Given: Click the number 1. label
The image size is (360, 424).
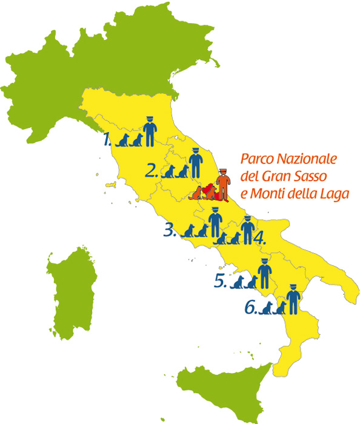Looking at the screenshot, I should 107,141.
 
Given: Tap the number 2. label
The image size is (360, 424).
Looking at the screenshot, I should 152,170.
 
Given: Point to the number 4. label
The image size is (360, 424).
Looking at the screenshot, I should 260,237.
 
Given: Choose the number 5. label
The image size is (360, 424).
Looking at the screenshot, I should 221,281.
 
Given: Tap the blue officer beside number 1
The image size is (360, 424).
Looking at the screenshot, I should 150,131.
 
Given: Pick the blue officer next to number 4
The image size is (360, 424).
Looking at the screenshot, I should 247,230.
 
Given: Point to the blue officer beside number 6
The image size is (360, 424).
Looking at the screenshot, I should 294,299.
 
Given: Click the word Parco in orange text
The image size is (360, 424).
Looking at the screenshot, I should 255,160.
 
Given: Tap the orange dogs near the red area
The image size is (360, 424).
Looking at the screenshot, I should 199,193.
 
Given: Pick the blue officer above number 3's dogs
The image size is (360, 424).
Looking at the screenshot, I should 214,221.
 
